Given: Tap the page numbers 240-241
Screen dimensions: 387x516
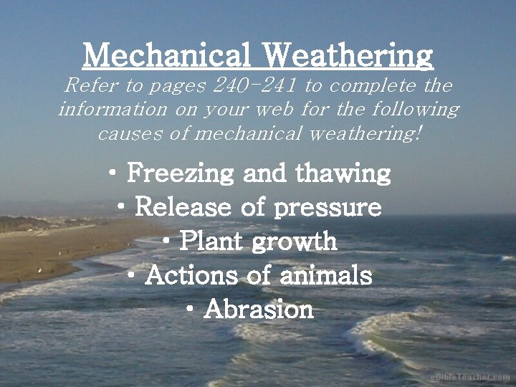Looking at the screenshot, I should pyautogui.click(x=256, y=86).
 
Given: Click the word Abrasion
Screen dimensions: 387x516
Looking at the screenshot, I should pyautogui.click(x=259, y=310).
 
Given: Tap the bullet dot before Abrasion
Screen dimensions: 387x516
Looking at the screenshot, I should pyautogui.click(x=191, y=309).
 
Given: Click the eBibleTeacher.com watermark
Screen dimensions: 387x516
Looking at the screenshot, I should pyautogui.click(x=470, y=377).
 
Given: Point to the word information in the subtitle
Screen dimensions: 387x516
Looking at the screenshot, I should pyautogui.click(x=106, y=110).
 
